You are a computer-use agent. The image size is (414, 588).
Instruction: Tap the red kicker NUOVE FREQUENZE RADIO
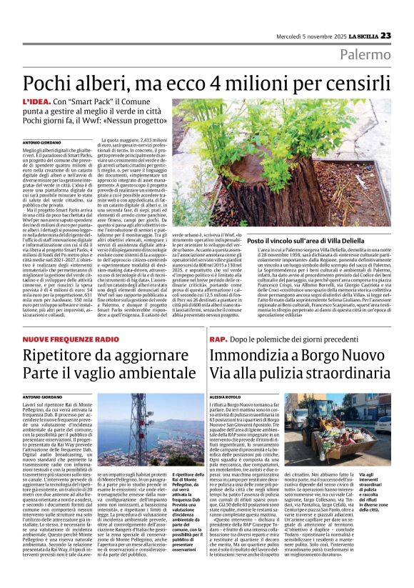(x=70, y=338)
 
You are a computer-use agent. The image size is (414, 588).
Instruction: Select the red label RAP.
(x=218, y=338)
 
